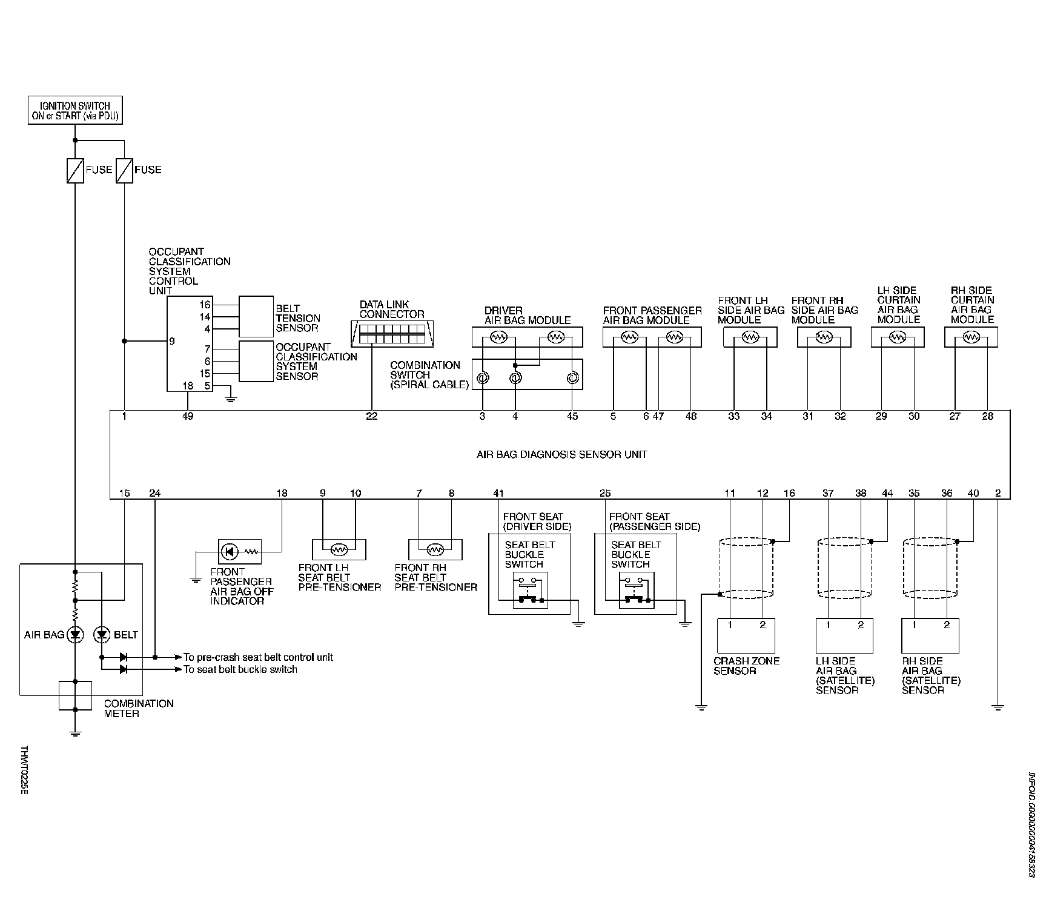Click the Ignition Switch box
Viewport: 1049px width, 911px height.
point(75,110)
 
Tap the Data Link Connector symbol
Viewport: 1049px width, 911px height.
point(392,333)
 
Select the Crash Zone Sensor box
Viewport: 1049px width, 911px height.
point(746,635)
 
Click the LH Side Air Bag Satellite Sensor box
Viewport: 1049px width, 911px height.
point(844,635)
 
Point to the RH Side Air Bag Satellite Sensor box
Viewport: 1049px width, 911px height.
point(930,635)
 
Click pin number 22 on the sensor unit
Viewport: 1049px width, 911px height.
point(372,417)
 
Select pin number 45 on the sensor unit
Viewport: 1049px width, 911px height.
point(572,417)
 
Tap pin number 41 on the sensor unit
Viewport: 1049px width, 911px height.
point(498,494)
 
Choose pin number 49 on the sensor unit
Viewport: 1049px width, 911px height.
point(188,417)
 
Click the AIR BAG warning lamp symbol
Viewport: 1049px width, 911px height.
point(75,635)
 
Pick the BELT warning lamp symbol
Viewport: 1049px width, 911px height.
point(102,635)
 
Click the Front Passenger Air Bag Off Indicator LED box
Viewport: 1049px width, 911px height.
point(239,552)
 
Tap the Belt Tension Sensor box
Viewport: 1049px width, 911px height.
point(256,316)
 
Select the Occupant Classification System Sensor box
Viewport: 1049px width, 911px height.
point(256,362)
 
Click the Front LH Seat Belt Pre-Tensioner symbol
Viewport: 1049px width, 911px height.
point(339,549)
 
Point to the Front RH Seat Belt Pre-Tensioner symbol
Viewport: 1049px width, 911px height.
point(435,549)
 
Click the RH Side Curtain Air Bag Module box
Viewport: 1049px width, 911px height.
point(971,337)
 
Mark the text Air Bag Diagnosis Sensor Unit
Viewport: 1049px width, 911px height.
point(561,454)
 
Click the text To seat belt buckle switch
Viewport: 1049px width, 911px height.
point(240,669)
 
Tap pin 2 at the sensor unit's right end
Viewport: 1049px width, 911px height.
point(998,494)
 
